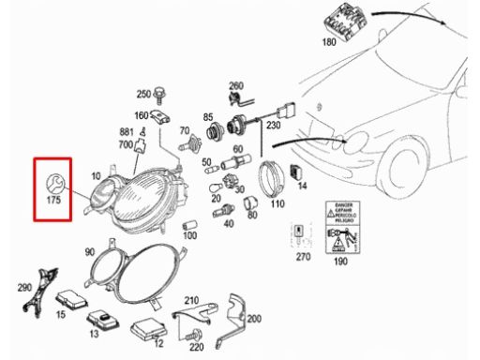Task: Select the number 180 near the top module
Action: pyautogui.click(x=328, y=43)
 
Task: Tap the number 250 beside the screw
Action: pyautogui.click(x=143, y=94)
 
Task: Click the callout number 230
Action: pyautogui.click(x=274, y=123)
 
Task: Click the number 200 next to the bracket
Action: pyautogui.click(x=254, y=319)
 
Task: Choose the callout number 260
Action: pyautogui.click(x=236, y=85)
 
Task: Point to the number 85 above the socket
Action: pyautogui.click(x=207, y=117)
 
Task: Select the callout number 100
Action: pyautogui.click(x=190, y=235)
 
